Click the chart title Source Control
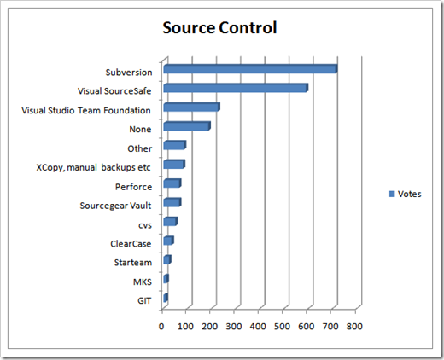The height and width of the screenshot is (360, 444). pyautogui.click(x=219, y=28)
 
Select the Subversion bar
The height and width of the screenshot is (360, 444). pyautogui.click(x=250, y=69)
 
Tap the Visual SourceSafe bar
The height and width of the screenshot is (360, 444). pyautogui.click(x=236, y=88)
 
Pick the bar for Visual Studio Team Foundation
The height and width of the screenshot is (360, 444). pyautogui.click(x=192, y=107)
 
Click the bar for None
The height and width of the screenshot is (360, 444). pyautogui.click(x=187, y=126)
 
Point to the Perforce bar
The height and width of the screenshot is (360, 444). pyautogui.click(x=172, y=183)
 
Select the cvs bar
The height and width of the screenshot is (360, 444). pyautogui.click(x=171, y=222)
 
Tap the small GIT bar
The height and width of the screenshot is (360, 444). pyautogui.click(x=166, y=298)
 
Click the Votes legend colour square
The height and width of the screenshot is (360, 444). pyautogui.click(x=392, y=194)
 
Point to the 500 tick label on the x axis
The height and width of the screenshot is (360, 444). pyautogui.click(x=282, y=326)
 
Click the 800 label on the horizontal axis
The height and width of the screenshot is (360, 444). pyautogui.click(x=354, y=326)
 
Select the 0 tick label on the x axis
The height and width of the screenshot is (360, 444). pyautogui.click(x=161, y=326)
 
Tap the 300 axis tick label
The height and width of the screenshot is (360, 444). pyautogui.click(x=234, y=326)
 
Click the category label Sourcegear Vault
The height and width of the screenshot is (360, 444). pyautogui.click(x=115, y=206)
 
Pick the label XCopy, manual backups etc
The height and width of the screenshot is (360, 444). pyautogui.click(x=93, y=167)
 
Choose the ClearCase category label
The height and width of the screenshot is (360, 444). pyautogui.click(x=131, y=244)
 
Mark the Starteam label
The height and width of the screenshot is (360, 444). pyautogui.click(x=133, y=263)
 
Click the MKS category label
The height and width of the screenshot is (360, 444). pyautogui.click(x=143, y=282)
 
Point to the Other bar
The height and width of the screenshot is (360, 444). pyautogui.click(x=175, y=145)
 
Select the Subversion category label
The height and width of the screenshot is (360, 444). pyautogui.click(x=129, y=73)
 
